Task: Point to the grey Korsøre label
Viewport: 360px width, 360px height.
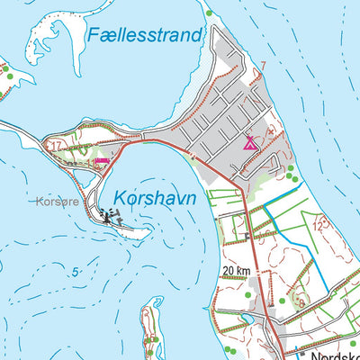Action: (58, 202)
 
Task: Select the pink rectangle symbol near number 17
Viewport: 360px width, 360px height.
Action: (102, 161)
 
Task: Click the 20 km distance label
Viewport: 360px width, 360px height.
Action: (236, 270)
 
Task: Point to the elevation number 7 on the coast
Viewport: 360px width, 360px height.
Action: (263, 65)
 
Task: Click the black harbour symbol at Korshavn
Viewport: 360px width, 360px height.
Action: (109, 216)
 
